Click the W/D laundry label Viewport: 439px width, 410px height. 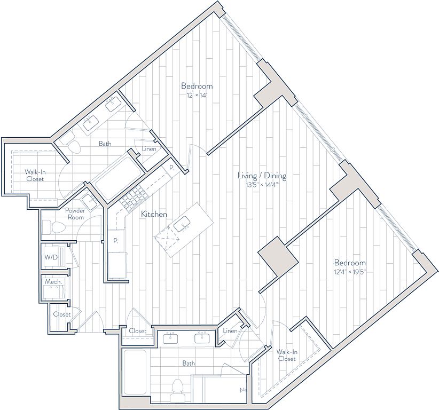pos(51,257)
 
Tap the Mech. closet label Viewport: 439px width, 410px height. pos(53,281)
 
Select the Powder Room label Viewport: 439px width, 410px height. pos(75,214)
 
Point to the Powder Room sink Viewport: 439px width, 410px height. pos(89,200)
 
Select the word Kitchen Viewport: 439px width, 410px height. pos(154,215)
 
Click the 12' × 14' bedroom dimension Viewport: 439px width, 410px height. pos(197,96)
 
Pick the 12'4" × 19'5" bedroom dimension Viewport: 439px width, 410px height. pos(350,272)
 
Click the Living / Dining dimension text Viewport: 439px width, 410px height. pos(262,185)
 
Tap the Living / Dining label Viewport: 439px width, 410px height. pos(262,176)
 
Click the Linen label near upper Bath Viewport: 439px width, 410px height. pos(149,149)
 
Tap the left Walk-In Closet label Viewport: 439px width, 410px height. pos(35,176)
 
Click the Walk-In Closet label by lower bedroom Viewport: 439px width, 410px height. pos(287,355)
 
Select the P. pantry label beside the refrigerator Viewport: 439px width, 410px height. pos(116,241)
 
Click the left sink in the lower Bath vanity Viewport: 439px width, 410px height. pos(170,338)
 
